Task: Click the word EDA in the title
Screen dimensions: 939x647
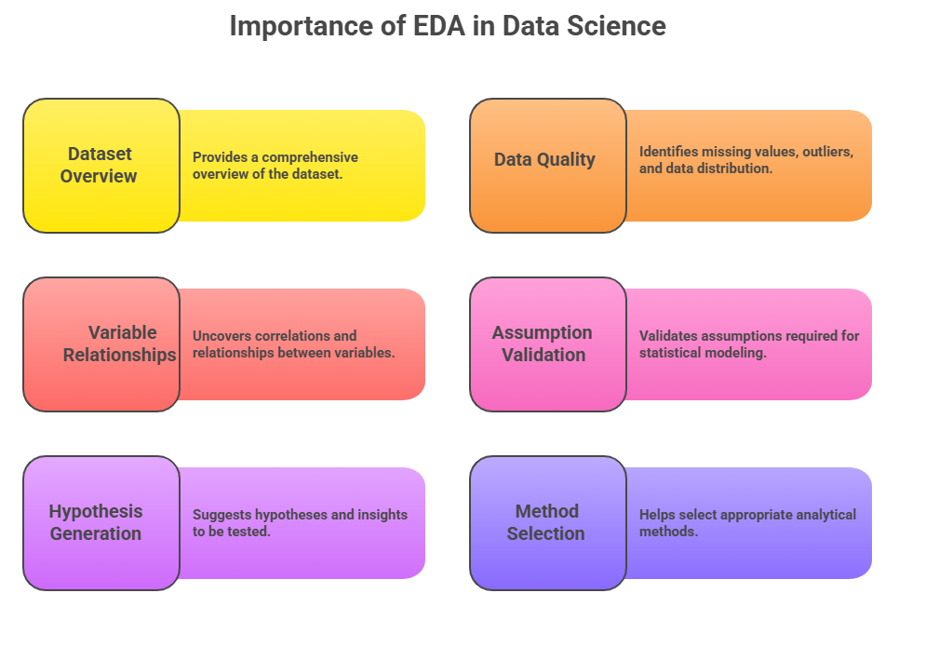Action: pos(439,26)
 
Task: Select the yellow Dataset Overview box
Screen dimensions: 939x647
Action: pos(101,166)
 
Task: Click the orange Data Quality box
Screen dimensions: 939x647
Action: pos(548,166)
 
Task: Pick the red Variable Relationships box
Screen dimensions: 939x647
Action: pos(101,344)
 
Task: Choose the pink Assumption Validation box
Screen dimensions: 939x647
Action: pos(548,344)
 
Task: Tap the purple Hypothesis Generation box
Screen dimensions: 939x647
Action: pos(101,523)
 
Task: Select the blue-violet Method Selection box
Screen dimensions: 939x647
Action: pos(548,523)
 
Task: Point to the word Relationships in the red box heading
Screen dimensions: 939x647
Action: pos(120,356)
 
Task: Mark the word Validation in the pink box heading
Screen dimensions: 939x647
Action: pos(543,355)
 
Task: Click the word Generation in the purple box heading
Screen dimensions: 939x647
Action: pos(96,533)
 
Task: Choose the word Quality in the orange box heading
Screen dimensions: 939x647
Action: pos(566,160)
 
